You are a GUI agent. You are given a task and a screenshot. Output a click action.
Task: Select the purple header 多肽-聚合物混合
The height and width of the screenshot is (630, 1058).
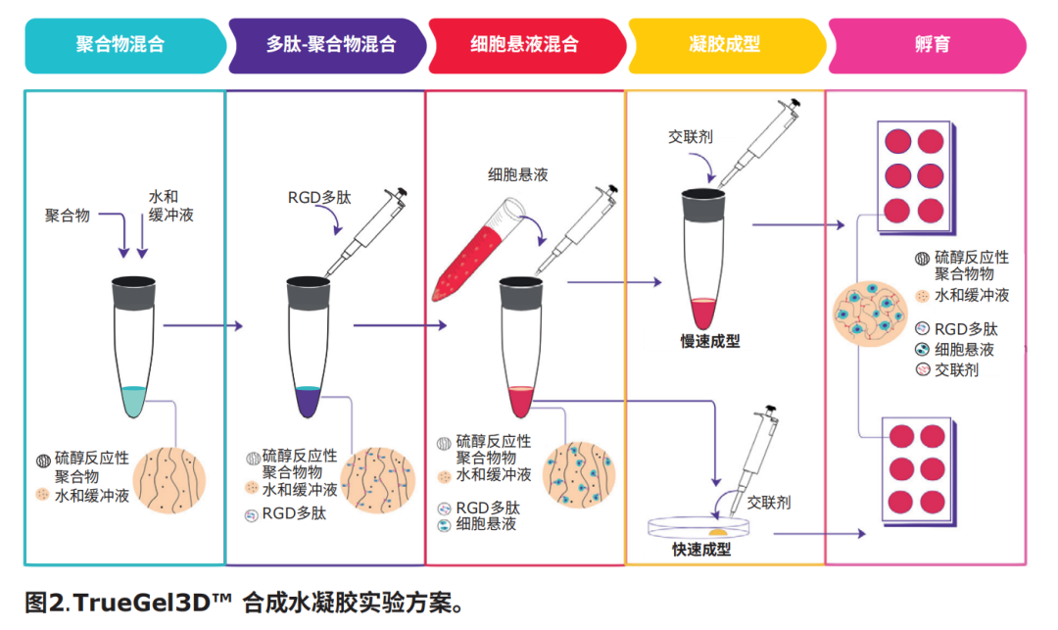328,45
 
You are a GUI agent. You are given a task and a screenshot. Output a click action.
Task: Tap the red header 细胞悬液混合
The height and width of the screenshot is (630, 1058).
526,45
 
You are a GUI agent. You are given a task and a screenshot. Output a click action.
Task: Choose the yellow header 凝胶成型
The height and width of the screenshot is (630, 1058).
726,45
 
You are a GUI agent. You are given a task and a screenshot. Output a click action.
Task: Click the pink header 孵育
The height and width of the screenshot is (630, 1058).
929,45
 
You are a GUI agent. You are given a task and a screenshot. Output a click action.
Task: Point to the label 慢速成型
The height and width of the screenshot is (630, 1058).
710,341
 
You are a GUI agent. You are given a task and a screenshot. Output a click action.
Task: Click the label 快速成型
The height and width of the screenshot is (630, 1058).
701,549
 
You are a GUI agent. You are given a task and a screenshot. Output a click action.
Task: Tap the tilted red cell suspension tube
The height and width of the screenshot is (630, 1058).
478,250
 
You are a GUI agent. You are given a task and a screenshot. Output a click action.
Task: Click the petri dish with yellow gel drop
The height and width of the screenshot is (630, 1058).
697,527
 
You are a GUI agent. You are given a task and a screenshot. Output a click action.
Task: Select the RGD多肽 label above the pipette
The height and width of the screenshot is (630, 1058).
319,198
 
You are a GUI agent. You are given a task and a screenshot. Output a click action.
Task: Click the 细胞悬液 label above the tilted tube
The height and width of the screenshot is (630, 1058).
517,174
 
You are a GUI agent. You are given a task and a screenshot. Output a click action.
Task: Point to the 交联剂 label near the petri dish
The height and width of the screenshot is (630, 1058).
769,503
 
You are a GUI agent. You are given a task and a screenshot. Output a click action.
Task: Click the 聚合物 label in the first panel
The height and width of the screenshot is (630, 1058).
68,216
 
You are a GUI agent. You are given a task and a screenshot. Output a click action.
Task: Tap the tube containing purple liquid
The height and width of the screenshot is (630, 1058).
309,347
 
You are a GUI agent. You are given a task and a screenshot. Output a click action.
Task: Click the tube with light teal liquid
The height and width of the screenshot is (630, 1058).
133,347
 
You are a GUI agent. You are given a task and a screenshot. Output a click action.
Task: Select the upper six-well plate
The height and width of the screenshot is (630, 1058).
915,177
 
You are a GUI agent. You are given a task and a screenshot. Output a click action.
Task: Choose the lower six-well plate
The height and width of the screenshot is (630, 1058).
918,472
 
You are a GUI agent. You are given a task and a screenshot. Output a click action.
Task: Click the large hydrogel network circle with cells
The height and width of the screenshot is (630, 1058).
870,314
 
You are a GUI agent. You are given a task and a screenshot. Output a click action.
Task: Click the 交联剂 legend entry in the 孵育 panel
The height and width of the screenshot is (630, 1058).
946,369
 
